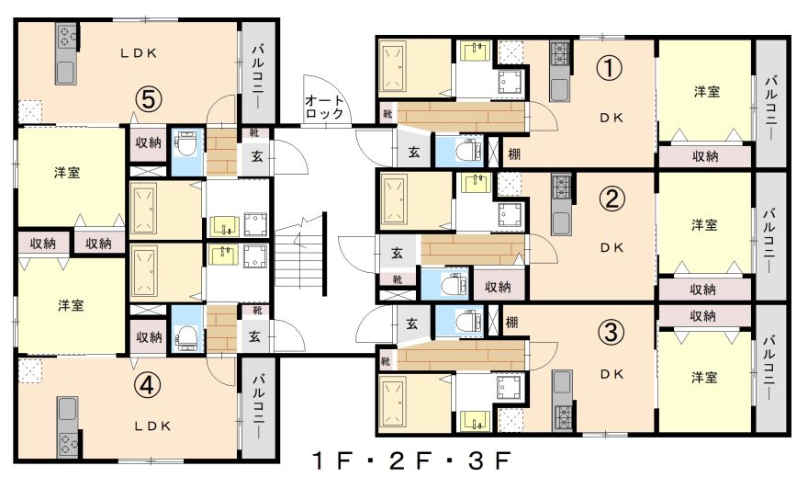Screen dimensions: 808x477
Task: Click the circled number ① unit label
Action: click(609, 69)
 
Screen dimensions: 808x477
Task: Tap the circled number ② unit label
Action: click(612, 199)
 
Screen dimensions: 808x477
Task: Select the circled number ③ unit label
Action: click(611, 332)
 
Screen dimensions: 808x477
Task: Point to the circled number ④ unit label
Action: click(148, 385)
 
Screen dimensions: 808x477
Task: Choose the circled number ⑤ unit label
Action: click(149, 99)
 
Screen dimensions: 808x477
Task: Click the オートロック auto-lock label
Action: click(324, 107)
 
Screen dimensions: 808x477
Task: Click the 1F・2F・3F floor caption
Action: click(412, 460)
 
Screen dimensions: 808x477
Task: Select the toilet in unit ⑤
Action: click(184, 144)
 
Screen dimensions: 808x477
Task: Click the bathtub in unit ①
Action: click(394, 68)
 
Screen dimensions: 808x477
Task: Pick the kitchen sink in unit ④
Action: click(68, 408)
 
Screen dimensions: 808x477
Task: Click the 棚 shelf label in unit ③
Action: click(511, 324)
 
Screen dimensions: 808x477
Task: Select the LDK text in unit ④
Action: click(152, 426)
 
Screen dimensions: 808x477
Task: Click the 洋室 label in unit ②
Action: click(704, 225)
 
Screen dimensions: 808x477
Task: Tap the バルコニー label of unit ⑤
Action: click(258, 75)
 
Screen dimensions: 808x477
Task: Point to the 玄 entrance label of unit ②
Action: click(397, 254)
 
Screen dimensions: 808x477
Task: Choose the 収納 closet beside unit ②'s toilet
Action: click(498, 287)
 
